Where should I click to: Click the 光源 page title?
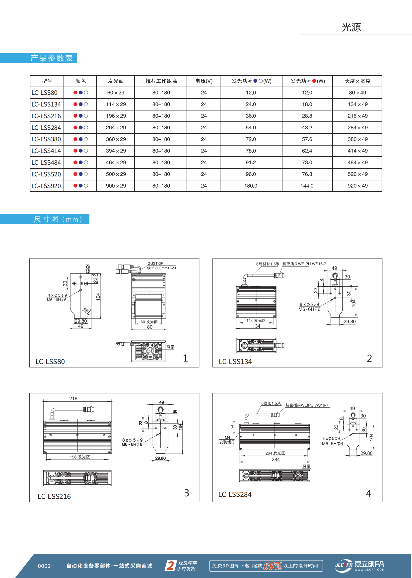coord(351,27)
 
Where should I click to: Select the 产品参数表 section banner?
coord(52,58)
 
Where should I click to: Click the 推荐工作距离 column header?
coord(161,81)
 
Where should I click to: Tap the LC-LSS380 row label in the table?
coord(46,139)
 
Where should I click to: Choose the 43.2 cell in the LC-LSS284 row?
coord(307,128)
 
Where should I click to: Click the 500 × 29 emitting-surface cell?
coord(116,174)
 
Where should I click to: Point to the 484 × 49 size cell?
coord(357,163)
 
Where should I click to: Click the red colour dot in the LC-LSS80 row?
coord(75,93)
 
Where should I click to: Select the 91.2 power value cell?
coord(251,163)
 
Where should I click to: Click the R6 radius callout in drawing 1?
coord(86,311)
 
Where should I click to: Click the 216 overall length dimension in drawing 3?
coord(73,399)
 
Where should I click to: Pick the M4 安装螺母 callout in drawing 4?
coord(227,440)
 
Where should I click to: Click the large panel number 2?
coord(369,358)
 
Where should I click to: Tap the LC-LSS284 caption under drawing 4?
coord(235,494)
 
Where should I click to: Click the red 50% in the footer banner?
coord(273,566)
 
